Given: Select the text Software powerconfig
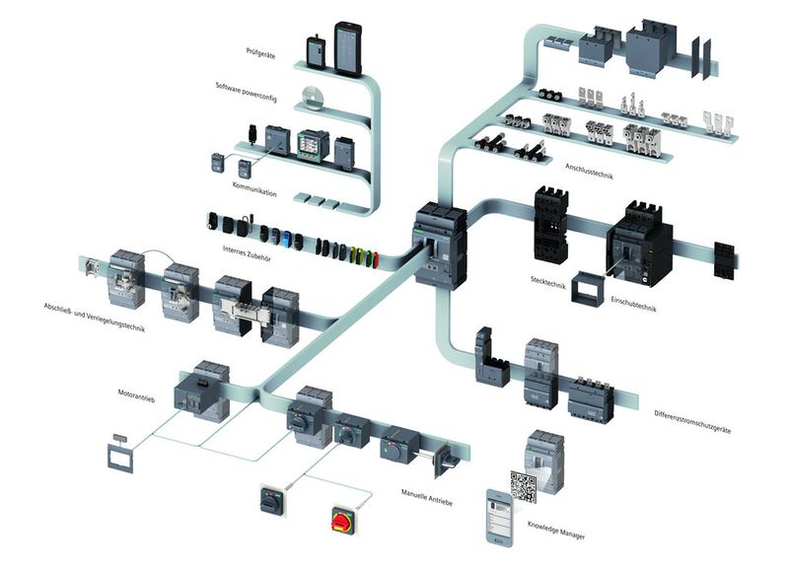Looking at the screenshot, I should pyautogui.click(x=250, y=87).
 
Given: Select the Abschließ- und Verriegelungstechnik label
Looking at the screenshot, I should pyautogui.click(x=94, y=315).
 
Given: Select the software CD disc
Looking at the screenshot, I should pyautogui.click(x=315, y=99).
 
